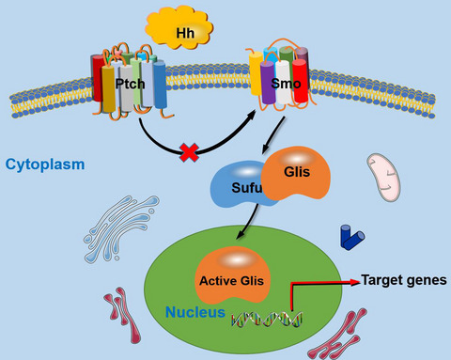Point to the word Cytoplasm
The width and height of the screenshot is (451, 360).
pyautogui.click(x=44, y=164)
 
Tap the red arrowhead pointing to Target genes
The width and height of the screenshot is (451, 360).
pyautogui.click(x=353, y=280)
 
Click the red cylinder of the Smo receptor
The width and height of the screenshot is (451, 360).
pyautogui.click(x=300, y=82)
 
